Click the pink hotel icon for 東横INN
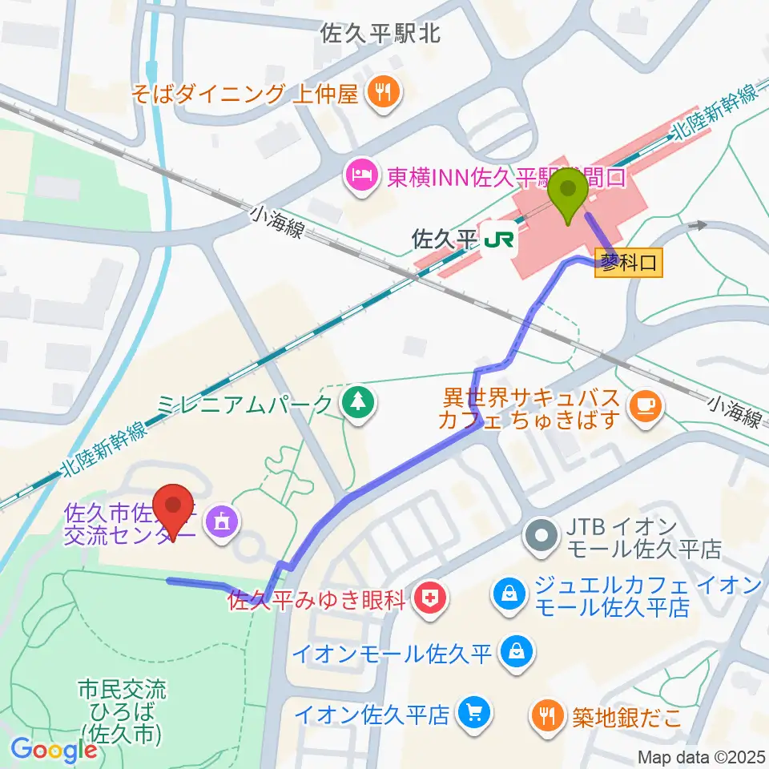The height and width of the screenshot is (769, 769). coord(360,176)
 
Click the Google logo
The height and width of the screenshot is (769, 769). coord(54,750)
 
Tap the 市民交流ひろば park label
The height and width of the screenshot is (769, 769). coord(123,710)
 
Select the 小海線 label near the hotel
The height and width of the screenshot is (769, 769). coord(277,220)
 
